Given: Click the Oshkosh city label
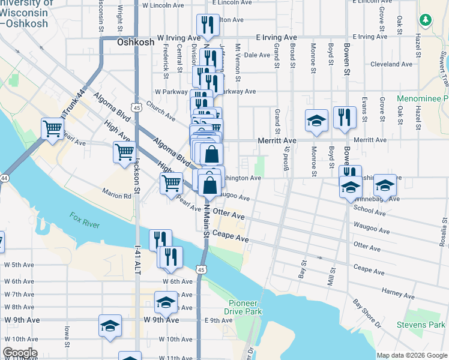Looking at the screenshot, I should pyautogui.click(x=135, y=42).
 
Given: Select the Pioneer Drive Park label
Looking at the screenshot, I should pyautogui.click(x=244, y=307).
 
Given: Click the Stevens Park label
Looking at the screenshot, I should pyautogui.click(x=421, y=325).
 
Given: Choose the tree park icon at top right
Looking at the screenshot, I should pyautogui.click(x=427, y=20).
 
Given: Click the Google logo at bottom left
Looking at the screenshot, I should pyautogui.click(x=20, y=353).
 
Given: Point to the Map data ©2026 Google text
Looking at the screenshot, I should pyautogui.click(x=411, y=355).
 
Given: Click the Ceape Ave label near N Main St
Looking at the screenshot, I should pyautogui.click(x=231, y=238).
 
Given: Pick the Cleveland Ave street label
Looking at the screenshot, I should pyautogui.click(x=392, y=64).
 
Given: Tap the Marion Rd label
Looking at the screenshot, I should pyautogui.click(x=116, y=196).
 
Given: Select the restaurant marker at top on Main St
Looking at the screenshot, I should pyautogui.click(x=205, y=24).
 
